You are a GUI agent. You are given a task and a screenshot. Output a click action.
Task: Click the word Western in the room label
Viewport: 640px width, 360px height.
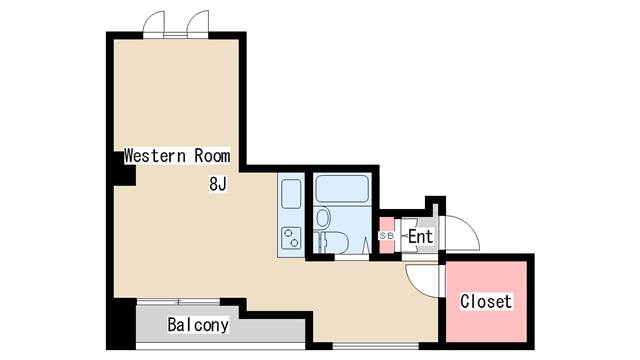point(155,156)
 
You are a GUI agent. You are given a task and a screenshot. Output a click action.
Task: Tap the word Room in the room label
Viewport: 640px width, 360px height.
point(212,156)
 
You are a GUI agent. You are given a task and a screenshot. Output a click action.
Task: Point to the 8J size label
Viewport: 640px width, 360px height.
point(218,184)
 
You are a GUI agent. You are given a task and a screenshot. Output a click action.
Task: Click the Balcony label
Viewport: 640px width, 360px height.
point(198,325)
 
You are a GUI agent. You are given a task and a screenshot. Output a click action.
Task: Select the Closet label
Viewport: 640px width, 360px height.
point(486,302)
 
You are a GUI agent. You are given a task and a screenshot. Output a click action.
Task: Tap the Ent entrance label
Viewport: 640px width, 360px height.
point(420,236)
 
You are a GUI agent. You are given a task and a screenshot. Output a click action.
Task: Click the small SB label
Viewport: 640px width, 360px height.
point(386,236)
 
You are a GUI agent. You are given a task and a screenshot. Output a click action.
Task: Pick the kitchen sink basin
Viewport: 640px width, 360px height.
point(291,194)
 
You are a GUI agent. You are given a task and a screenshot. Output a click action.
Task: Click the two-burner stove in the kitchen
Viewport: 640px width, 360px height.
point(291,238)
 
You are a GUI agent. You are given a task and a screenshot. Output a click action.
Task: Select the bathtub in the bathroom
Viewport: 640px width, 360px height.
point(342,189)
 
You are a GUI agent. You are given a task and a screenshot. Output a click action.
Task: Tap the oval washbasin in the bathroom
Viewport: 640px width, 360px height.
point(323,218)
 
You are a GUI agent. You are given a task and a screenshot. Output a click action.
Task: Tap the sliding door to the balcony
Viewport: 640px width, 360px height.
point(178,302)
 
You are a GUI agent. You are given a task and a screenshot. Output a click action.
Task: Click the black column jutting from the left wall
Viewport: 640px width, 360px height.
point(124,169)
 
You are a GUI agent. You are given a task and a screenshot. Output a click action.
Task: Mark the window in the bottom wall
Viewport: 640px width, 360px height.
point(376,347)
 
